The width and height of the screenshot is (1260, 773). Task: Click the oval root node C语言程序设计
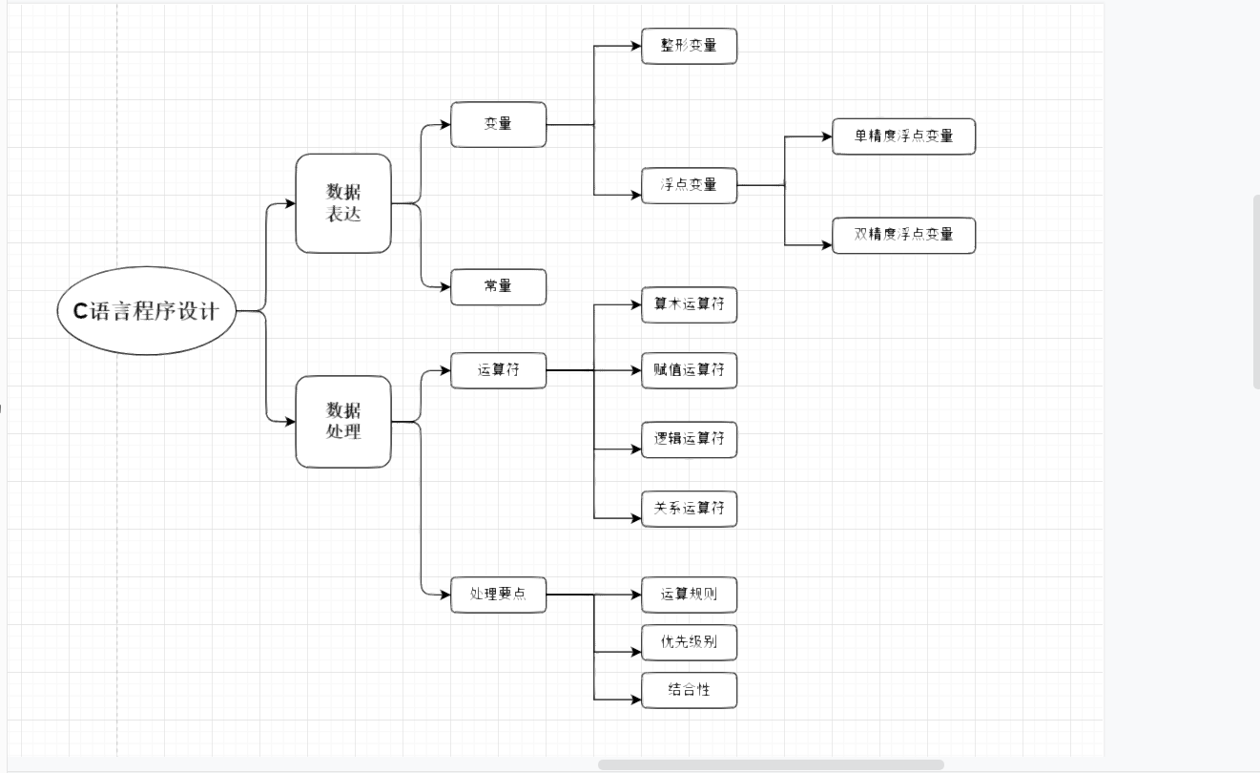pyautogui.click(x=146, y=311)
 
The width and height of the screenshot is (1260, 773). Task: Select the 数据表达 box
pyautogui.click(x=343, y=203)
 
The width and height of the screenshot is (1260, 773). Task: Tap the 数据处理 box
pyautogui.click(x=343, y=421)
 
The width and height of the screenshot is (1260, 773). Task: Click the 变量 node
pyautogui.click(x=498, y=124)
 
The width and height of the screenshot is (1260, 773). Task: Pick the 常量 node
pyautogui.click(x=498, y=286)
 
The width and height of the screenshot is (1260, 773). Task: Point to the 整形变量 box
pyautogui.click(x=689, y=46)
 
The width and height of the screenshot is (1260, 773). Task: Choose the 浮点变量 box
pyautogui.click(x=689, y=185)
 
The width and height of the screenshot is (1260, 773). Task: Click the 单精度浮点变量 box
pyautogui.click(x=903, y=136)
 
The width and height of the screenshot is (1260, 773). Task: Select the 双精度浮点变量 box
pyautogui.click(x=903, y=235)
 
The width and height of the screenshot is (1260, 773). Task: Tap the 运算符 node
pyautogui.click(x=498, y=369)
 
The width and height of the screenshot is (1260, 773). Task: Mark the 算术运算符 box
pyautogui.click(x=689, y=305)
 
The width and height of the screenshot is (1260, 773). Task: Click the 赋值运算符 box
pyautogui.click(x=689, y=369)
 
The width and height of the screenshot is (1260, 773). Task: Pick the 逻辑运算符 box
pyautogui.click(x=689, y=439)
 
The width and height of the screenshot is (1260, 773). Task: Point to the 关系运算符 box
pyautogui.click(x=689, y=509)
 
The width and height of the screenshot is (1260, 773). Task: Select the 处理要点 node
pyautogui.click(x=498, y=595)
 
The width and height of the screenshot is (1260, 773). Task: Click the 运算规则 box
pyautogui.click(x=689, y=595)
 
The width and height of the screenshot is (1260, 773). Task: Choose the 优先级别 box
pyautogui.click(x=689, y=642)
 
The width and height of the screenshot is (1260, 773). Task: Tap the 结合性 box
pyautogui.click(x=689, y=690)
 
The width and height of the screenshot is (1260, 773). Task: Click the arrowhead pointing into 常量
pyautogui.click(x=445, y=286)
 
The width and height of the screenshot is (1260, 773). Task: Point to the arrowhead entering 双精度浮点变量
pyautogui.click(x=827, y=245)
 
